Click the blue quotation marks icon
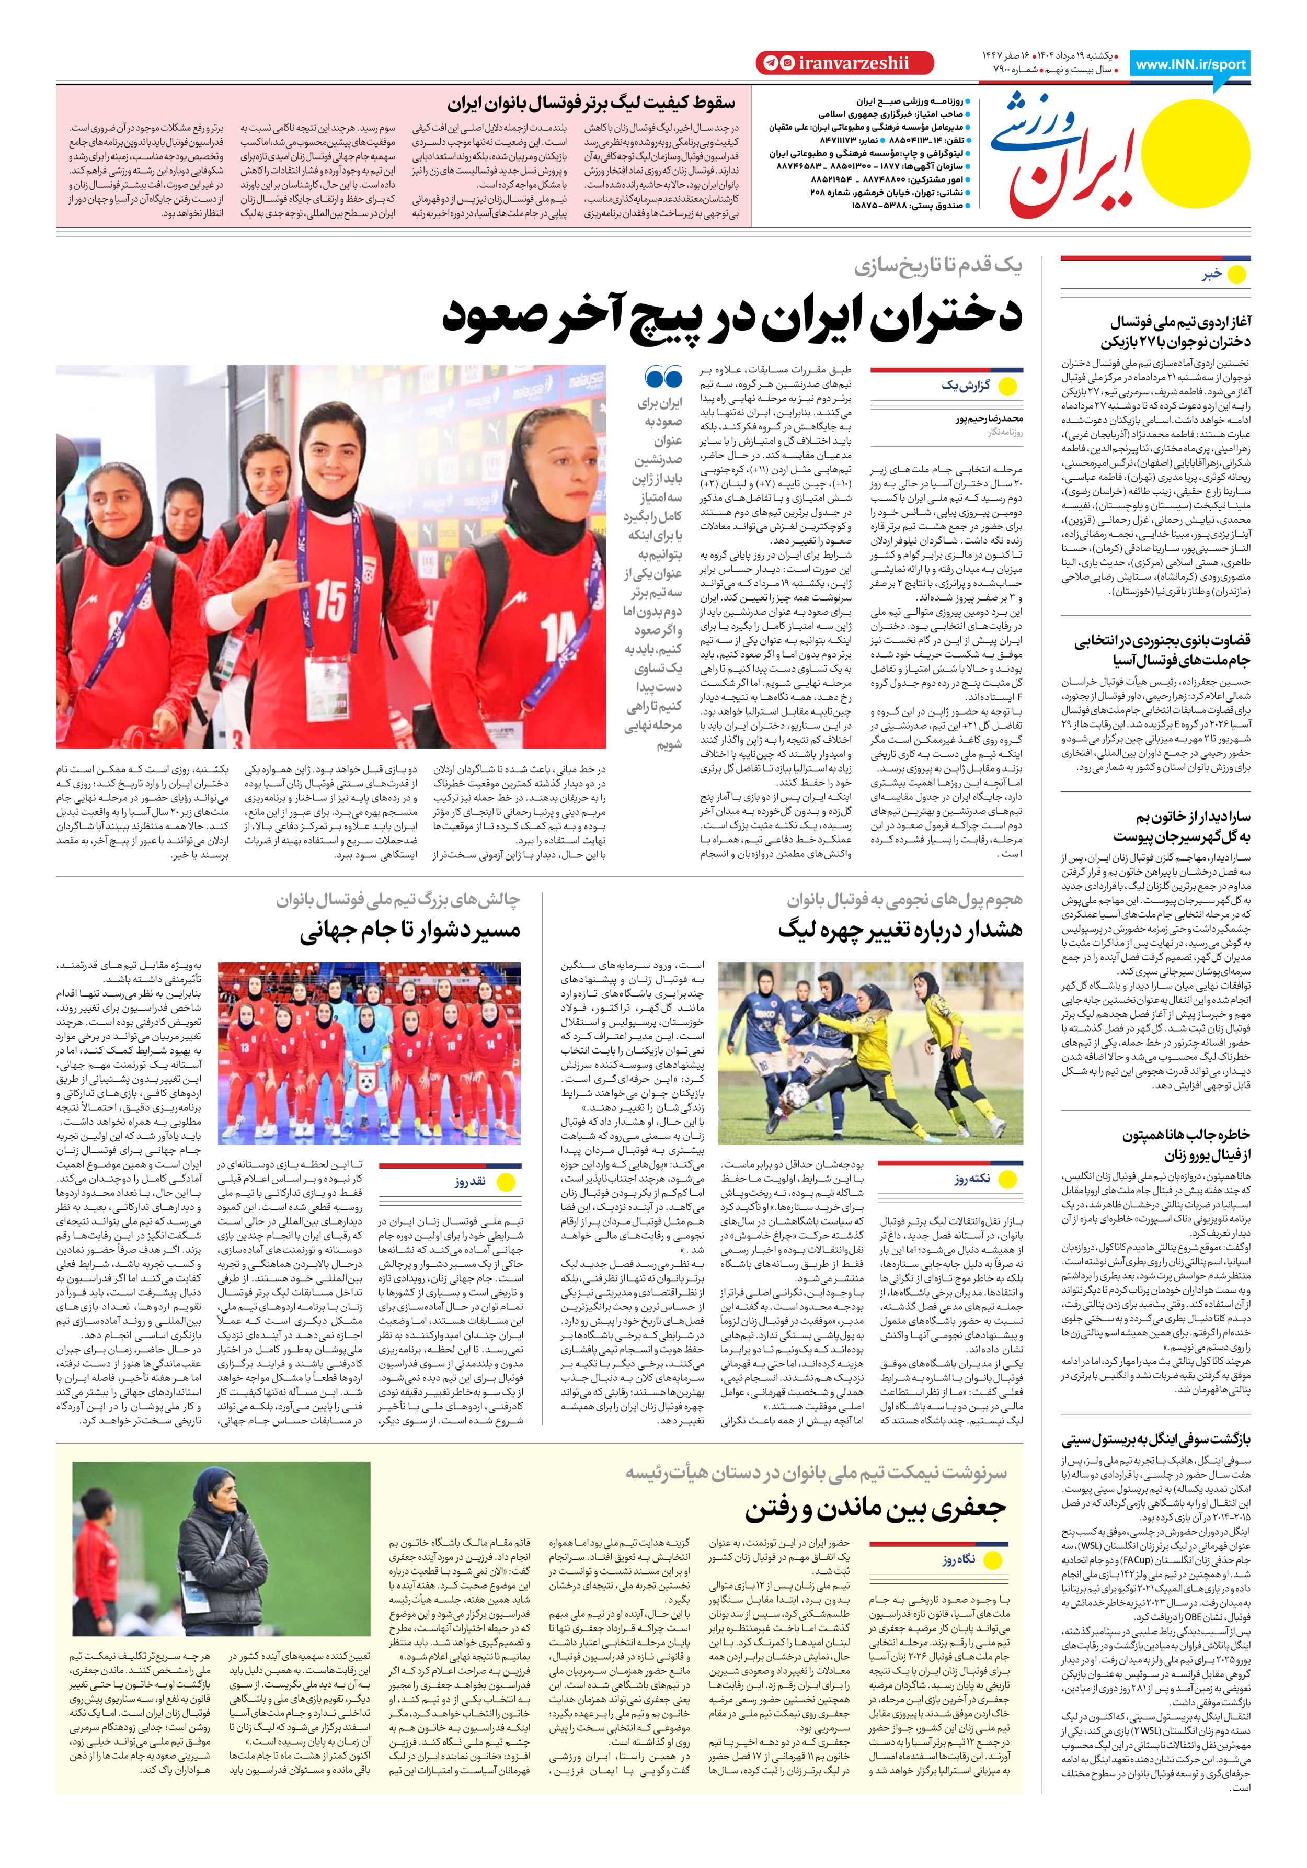tap(663, 377)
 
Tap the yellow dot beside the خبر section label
tap(1236, 275)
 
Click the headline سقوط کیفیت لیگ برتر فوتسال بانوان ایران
tap(590, 104)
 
